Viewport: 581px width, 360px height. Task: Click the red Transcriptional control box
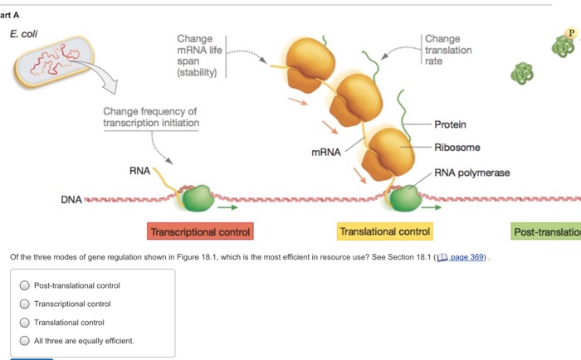(x=200, y=231)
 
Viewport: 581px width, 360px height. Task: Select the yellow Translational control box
(x=384, y=231)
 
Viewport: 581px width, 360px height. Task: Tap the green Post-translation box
(x=546, y=232)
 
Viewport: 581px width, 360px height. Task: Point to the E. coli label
(x=24, y=34)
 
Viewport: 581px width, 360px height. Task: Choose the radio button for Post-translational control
(x=26, y=285)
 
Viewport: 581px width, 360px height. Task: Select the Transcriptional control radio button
(x=26, y=304)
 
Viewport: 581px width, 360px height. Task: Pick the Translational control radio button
(x=26, y=322)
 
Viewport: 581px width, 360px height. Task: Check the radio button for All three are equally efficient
(x=26, y=340)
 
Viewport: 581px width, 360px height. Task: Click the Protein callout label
(x=450, y=124)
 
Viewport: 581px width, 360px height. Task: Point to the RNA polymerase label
(x=472, y=173)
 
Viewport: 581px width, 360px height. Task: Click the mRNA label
(x=325, y=154)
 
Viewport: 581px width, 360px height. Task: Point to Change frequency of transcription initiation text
(x=150, y=117)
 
